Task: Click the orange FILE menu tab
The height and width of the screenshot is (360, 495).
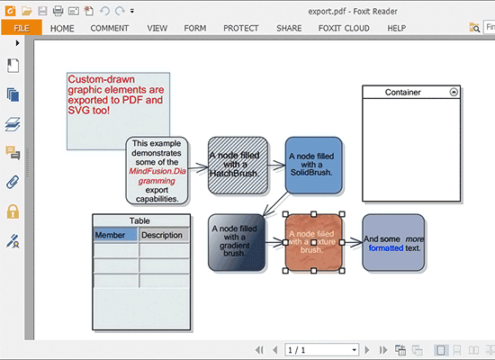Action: point(21,28)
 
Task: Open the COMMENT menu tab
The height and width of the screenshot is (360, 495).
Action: point(109,28)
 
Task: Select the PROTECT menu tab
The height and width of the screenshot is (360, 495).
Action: point(240,28)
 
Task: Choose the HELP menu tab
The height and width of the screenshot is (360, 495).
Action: point(396,28)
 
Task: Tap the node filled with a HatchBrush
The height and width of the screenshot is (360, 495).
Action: point(238,164)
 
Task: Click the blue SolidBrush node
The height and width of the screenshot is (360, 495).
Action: point(314,164)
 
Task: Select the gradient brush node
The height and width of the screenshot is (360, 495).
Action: point(237,242)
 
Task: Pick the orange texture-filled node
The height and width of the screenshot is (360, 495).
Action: point(313,242)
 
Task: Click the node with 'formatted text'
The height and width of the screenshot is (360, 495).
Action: point(392,242)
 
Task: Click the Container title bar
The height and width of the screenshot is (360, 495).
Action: point(409,92)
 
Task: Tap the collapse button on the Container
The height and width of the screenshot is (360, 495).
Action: point(454,92)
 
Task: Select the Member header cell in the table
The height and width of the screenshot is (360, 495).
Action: point(115,235)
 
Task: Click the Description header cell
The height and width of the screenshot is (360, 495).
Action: point(164,235)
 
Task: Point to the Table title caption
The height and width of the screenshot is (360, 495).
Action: point(140,220)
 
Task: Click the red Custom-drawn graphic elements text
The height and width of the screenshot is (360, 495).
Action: point(116,94)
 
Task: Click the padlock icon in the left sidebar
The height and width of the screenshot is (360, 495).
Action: point(13,211)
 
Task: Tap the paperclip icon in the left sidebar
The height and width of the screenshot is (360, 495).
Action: point(13,182)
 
